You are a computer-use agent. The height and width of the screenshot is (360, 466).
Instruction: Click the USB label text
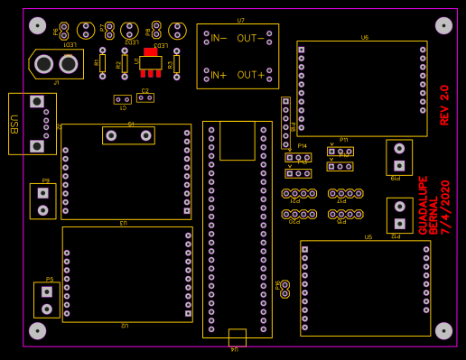pos(14,124)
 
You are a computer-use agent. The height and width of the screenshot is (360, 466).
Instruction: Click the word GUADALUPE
pos(423,205)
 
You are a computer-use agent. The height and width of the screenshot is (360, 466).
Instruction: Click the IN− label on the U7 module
pos(216,38)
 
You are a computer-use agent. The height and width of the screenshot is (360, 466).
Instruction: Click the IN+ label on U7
pos(216,75)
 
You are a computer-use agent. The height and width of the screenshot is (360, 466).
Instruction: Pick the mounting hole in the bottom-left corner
pos(38,330)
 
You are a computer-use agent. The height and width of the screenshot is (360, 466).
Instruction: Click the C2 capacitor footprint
pos(144,97)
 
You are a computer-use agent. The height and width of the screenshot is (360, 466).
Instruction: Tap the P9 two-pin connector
pos(42,201)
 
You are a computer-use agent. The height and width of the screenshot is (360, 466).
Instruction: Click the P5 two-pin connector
pos(47,300)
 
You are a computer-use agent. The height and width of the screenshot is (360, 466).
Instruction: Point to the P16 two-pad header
pos(284,289)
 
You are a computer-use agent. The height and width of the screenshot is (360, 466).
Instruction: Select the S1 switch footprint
pos(128,136)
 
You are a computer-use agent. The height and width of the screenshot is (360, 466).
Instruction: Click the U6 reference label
pos(364,38)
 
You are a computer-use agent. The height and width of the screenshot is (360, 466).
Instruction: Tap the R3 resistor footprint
pos(176,64)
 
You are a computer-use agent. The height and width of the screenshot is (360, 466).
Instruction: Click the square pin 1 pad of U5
pos(304,249)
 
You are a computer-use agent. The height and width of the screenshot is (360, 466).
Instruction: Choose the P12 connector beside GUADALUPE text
pos(399,215)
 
